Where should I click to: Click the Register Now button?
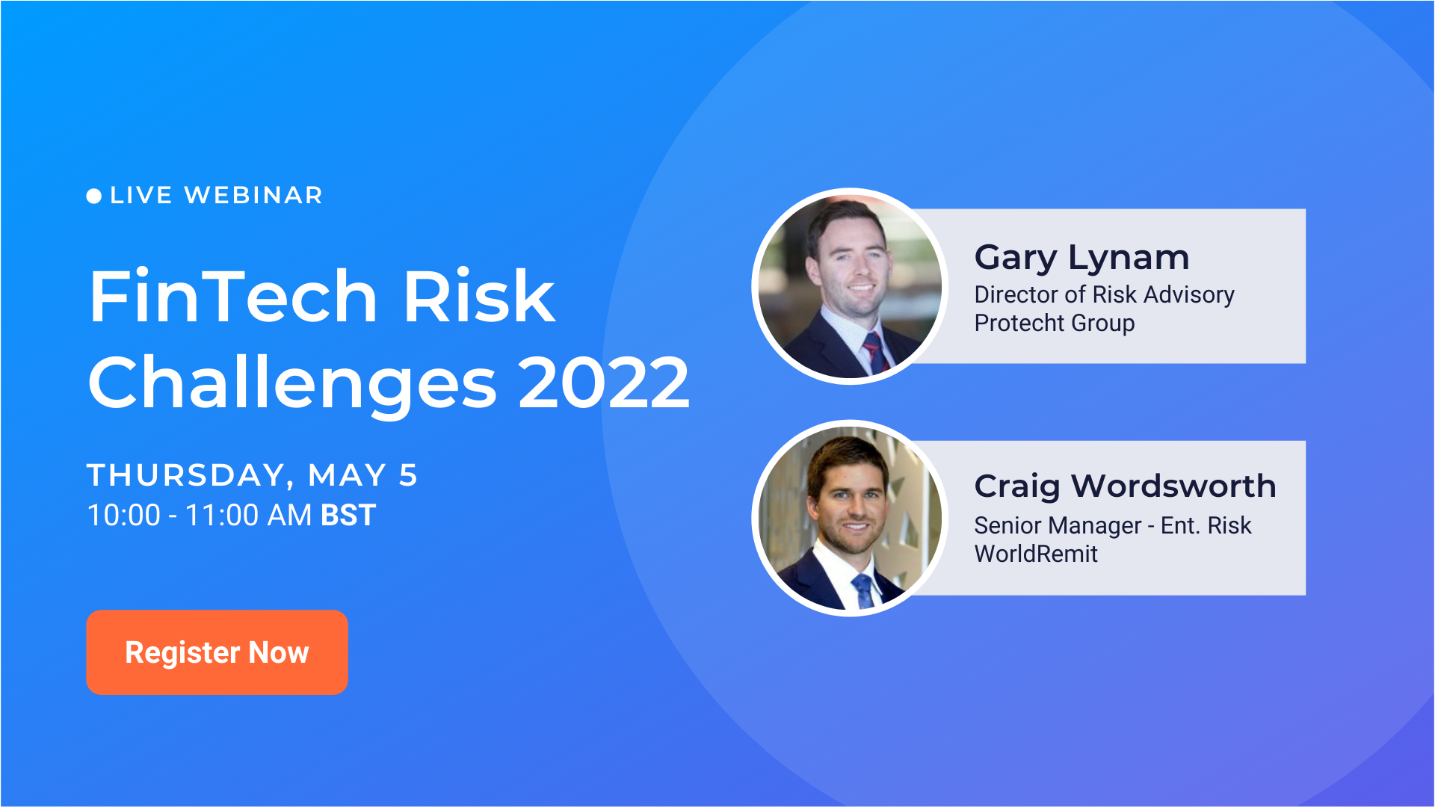point(217,652)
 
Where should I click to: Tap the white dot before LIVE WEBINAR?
point(94,196)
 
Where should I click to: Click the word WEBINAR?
point(253,195)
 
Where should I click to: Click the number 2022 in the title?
point(604,383)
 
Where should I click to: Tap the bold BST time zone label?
point(348,516)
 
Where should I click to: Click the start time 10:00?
point(124,516)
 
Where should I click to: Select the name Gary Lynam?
point(1081,258)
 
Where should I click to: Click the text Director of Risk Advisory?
point(1104,295)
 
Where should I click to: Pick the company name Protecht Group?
point(1054,324)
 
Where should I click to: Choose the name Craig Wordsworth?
point(1125,486)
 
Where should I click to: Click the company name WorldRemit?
point(1036,554)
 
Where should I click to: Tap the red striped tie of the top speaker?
point(873,351)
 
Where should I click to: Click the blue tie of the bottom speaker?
point(863,590)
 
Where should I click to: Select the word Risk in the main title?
point(479,297)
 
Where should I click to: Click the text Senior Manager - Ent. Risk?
point(1112,526)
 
